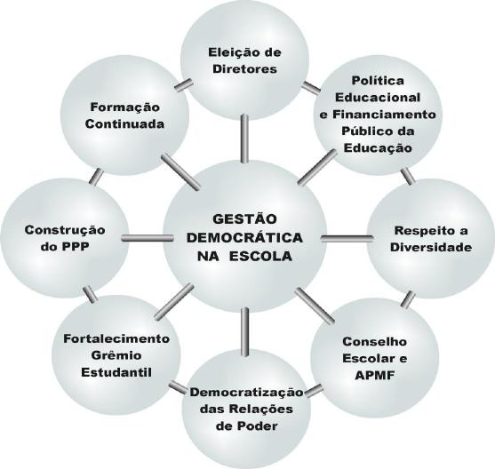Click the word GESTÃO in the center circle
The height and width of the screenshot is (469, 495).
pos(244,219)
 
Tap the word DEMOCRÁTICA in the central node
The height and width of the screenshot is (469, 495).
pos(244,237)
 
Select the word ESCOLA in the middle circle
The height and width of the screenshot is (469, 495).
pos(260,256)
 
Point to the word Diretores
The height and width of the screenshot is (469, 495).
pos(245,68)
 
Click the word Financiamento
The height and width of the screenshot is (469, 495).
pos(384,115)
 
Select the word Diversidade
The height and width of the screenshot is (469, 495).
pos(431,247)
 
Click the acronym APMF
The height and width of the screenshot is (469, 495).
pos(375,376)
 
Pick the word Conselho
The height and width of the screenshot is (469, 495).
pos(375,341)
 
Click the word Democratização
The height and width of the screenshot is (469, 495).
pos(246,393)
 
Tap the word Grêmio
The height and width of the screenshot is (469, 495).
pos(116,355)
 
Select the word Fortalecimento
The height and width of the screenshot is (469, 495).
pos(116,338)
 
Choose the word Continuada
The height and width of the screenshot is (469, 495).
pos(124,124)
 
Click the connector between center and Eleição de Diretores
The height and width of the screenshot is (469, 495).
pos(244,139)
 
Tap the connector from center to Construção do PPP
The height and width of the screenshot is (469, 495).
pos(148,238)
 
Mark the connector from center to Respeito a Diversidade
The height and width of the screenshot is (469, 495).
pos(347,239)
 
